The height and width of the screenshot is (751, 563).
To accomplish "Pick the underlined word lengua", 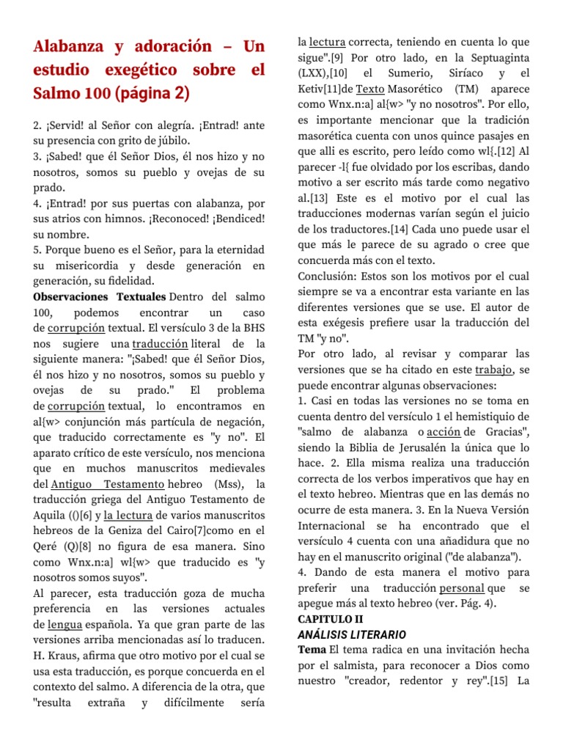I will (65, 624).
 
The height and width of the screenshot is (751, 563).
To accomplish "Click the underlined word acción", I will (442, 431).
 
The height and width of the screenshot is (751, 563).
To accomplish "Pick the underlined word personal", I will (462, 588).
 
